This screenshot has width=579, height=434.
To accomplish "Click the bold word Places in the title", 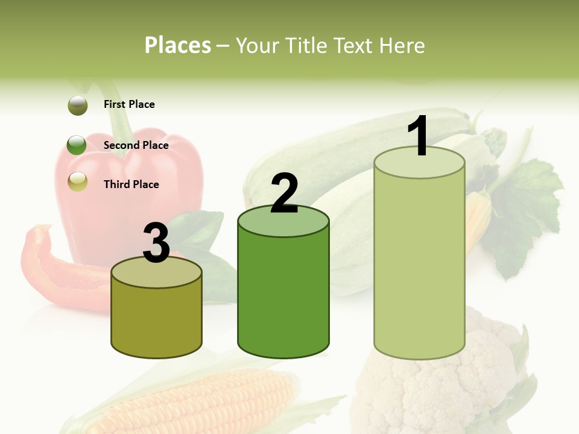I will (x=178, y=45).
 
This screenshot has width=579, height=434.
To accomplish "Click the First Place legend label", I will (x=129, y=104).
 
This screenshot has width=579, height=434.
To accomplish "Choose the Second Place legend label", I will (x=136, y=145).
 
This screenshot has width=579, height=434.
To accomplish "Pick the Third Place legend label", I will (x=131, y=184).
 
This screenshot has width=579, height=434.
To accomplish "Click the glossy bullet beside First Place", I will (x=78, y=105).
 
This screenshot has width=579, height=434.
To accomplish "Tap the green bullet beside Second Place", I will (x=77, y=145).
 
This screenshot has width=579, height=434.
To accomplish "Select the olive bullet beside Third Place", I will (x=78, y=181).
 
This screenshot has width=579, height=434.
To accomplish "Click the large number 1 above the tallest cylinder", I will (x=418, y=136).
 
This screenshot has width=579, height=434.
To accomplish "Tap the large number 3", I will (x=157, y=243).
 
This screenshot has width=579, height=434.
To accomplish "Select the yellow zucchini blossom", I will (x=476, y=220).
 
